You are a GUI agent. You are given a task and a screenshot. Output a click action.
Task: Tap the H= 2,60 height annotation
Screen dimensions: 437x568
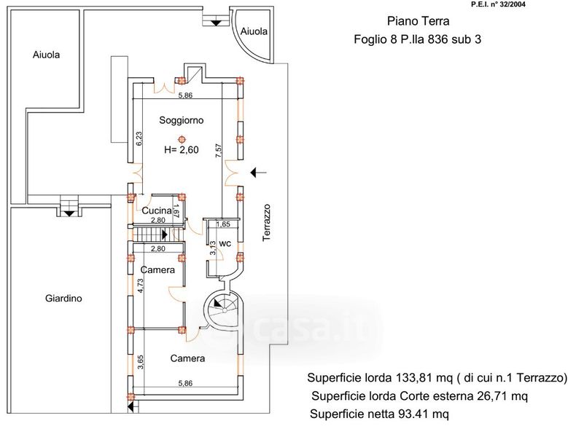pos(181,151)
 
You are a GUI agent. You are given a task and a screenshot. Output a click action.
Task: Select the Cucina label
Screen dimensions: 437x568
pos(157,211)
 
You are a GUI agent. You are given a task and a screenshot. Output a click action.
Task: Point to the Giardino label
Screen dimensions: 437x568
pos(63,299)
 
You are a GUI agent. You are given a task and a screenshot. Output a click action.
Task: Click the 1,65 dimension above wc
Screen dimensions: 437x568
pos(224,224)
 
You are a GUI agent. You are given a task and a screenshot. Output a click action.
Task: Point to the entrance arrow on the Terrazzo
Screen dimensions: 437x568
pos(259,173)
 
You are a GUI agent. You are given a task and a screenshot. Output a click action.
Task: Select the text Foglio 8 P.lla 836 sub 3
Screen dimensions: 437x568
pos(412,41)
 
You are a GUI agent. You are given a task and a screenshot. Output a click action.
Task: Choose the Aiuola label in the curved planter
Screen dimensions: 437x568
pos(253,32)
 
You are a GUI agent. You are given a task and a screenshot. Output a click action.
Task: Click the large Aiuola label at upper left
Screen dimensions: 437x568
pos(47,55)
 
